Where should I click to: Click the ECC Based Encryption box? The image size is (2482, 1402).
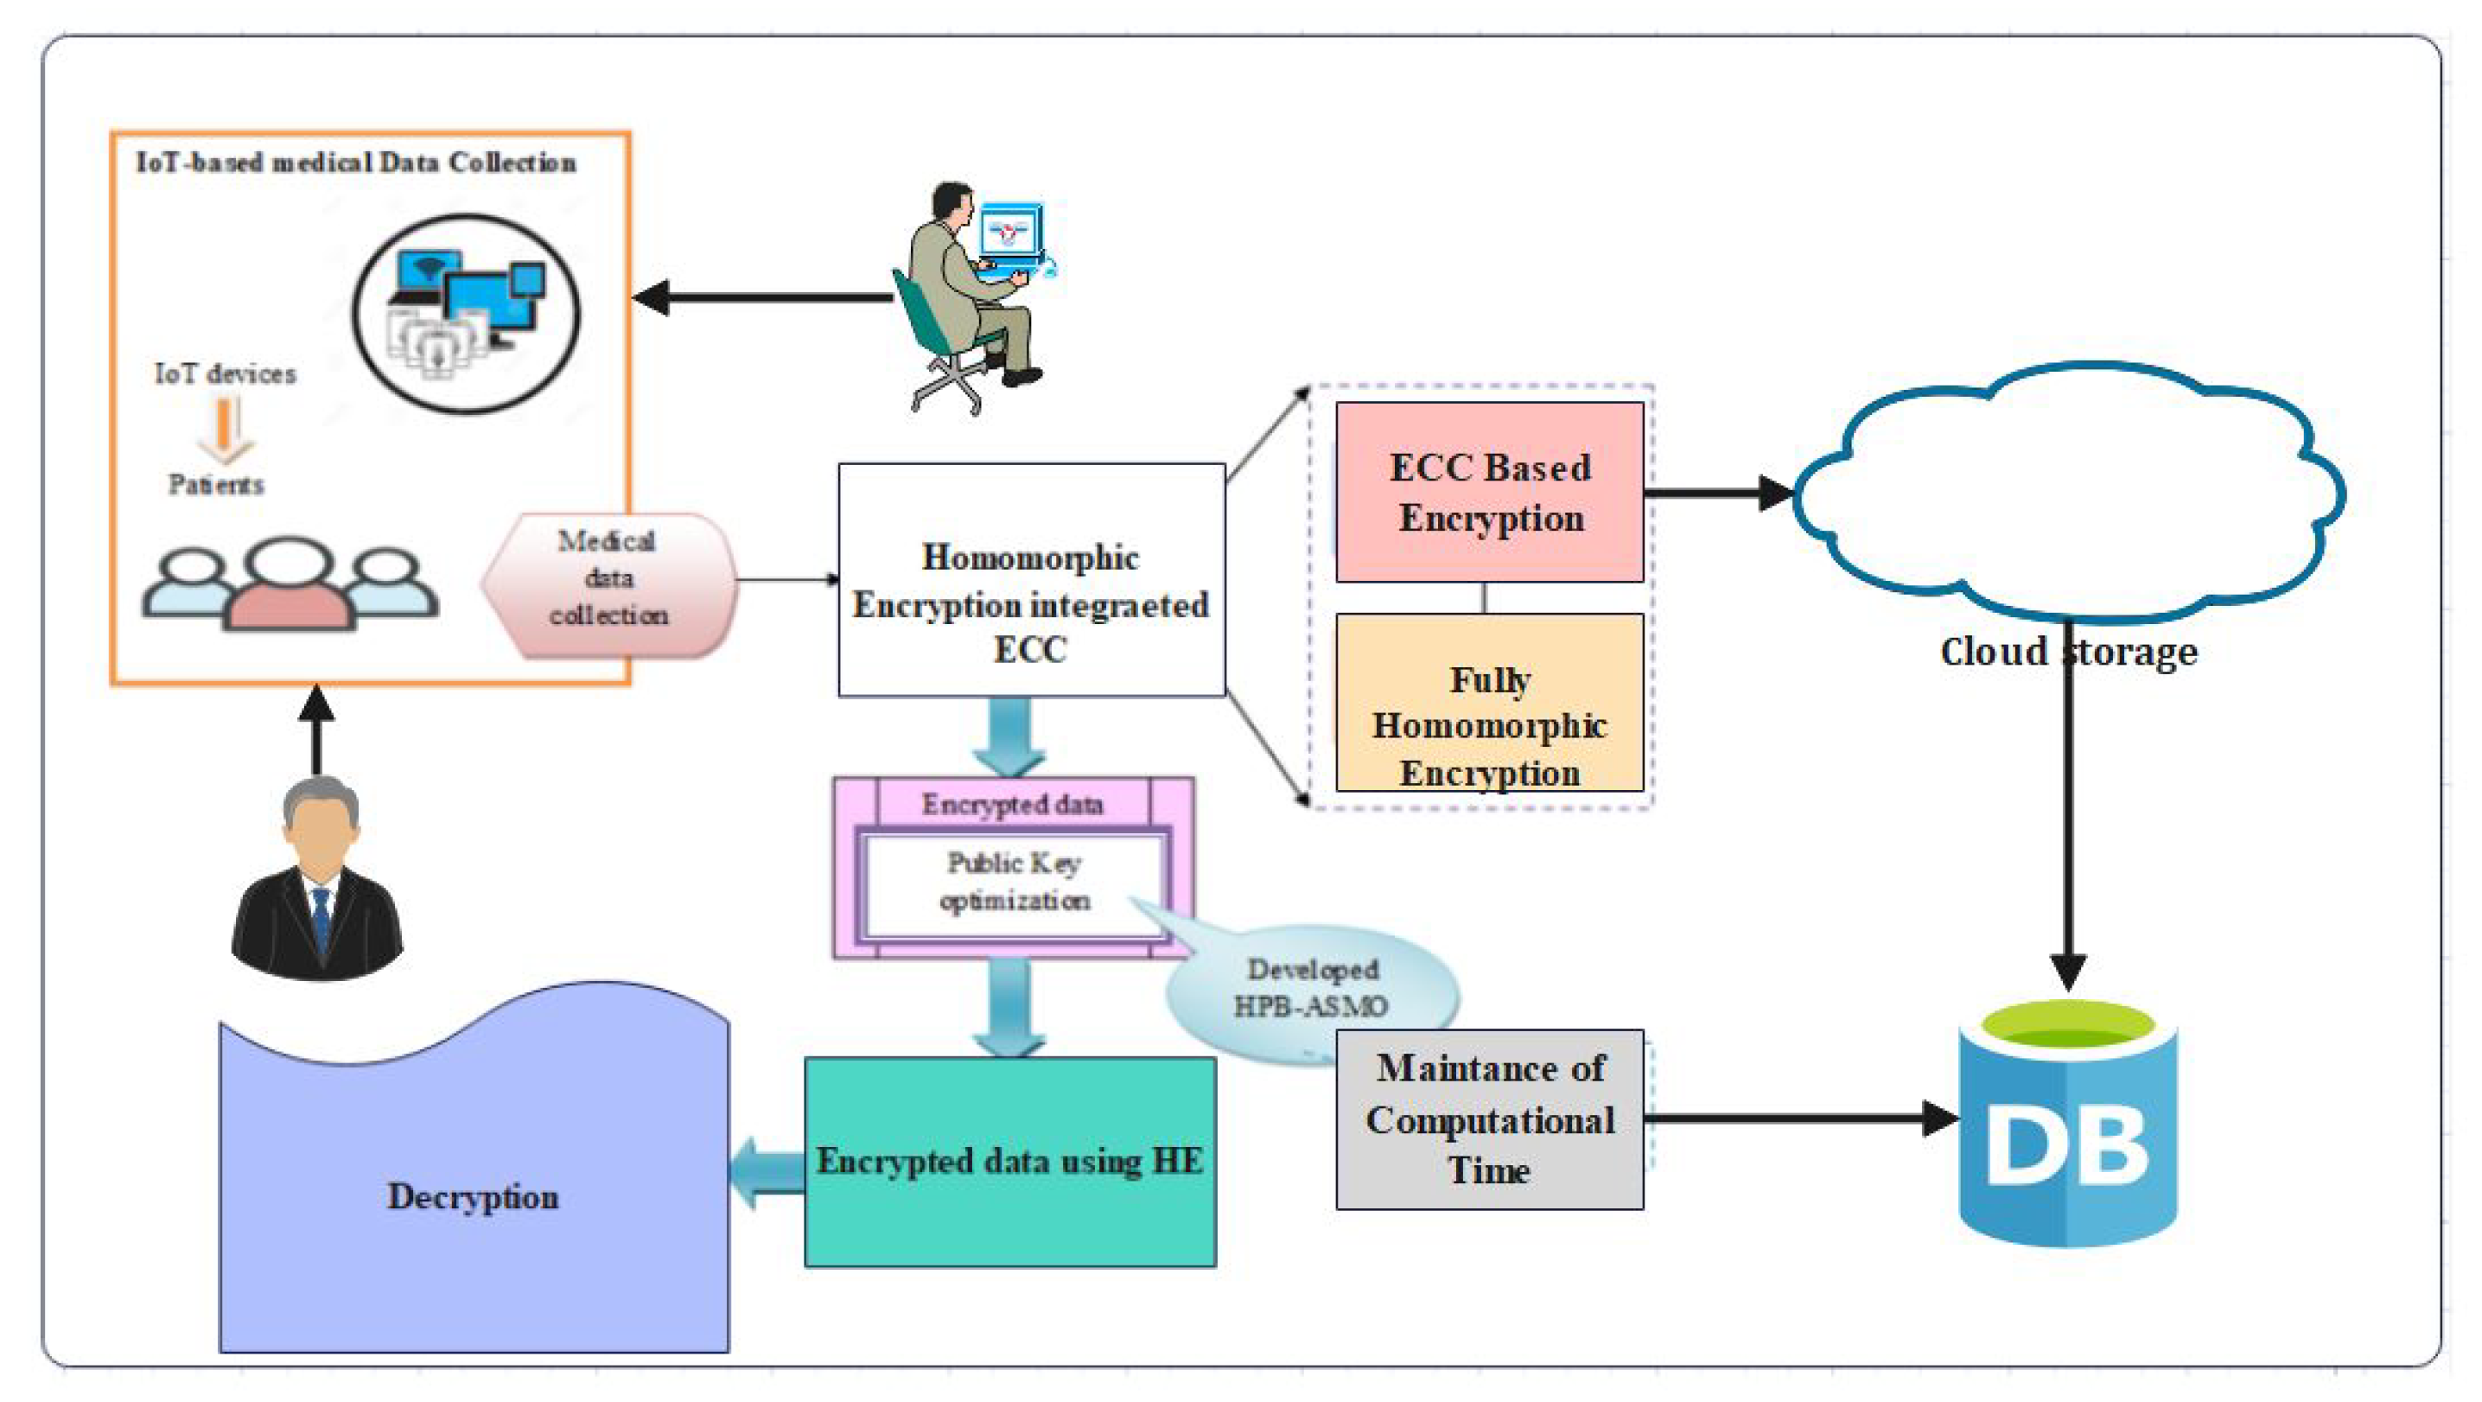[x=1489, y=493]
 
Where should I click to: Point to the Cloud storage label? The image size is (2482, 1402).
[x=2068, y=653]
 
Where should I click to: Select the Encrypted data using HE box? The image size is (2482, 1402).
[x=1009, y=1161]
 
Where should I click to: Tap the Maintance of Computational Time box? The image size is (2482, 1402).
[x=1489, y=1118]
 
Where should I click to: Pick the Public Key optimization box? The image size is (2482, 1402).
[x=1014, y=882]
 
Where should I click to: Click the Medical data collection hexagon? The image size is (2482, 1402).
[x=609, y=579]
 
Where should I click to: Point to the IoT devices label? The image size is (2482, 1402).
[x=225, y=374]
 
